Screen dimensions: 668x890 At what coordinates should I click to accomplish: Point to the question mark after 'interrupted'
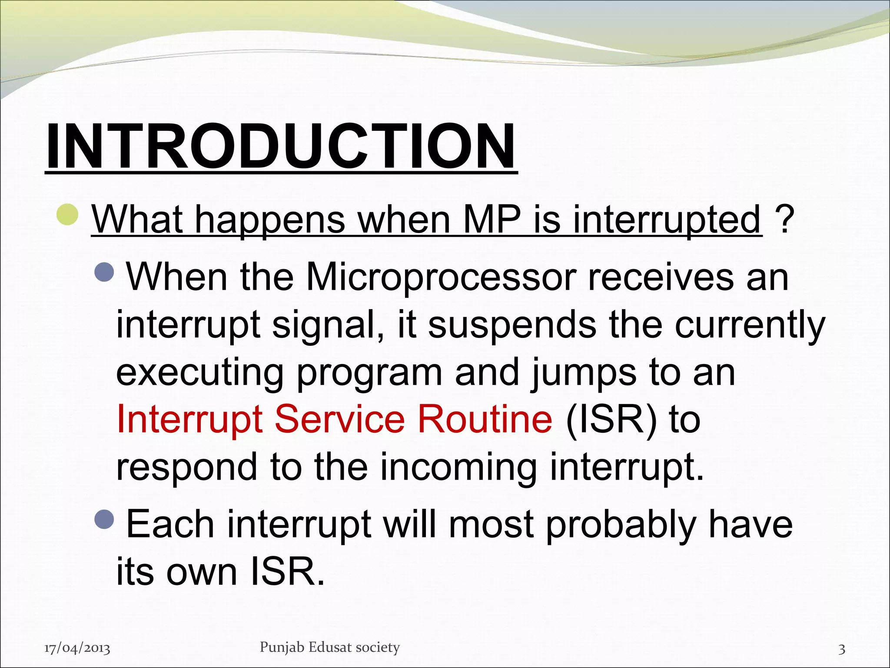784,220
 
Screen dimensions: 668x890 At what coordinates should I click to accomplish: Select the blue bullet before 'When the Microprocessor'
104,271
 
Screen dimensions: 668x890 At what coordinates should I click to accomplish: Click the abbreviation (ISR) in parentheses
612,420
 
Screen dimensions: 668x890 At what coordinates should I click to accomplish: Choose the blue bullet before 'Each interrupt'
104,518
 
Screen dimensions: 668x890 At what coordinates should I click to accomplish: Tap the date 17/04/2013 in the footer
77,648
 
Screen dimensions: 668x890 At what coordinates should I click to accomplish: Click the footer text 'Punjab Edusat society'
329,647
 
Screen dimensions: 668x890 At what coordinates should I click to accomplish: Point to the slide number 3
841,649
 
